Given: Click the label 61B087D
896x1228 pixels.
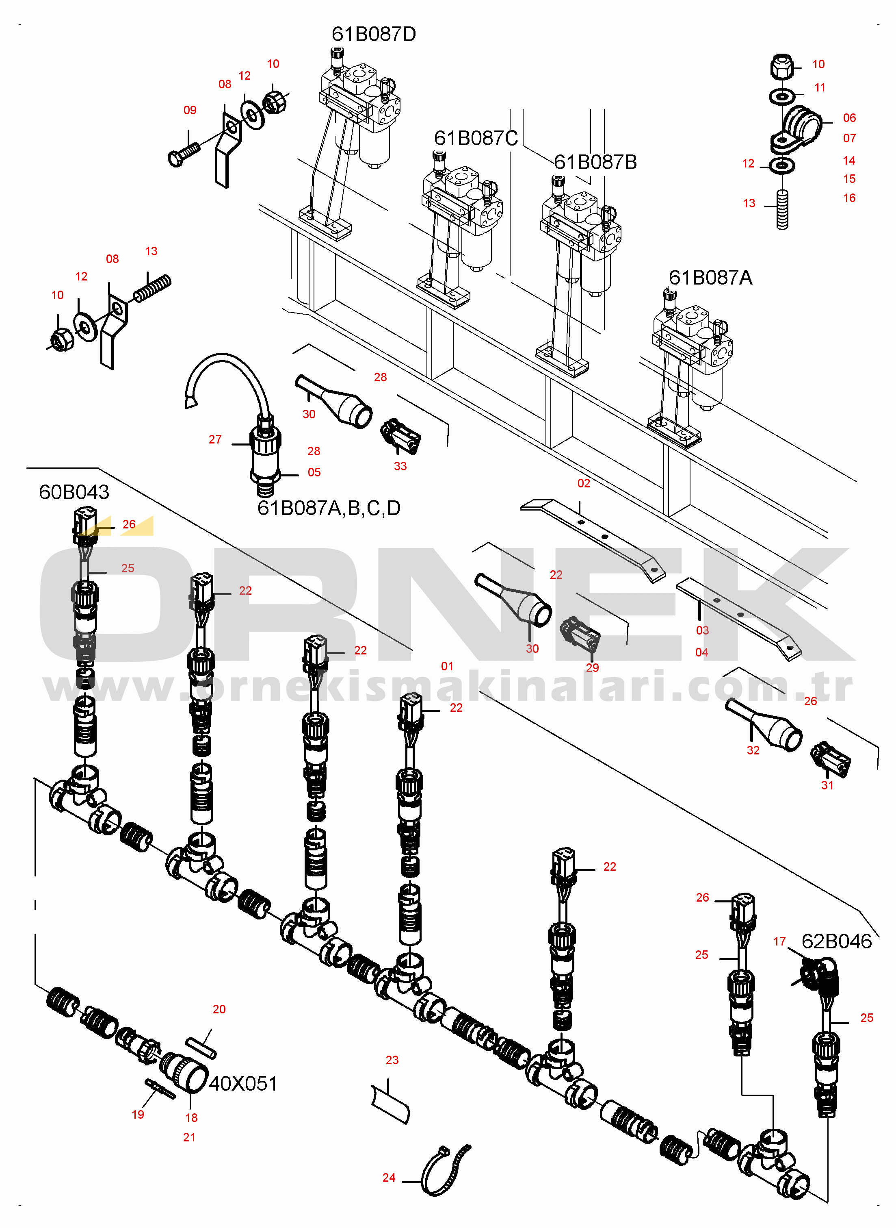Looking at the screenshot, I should pyautogui.click(x=374, y=34).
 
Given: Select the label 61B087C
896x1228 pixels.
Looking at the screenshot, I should pyautogui.click(x=476, y=138).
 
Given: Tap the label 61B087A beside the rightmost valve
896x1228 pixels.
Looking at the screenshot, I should pyautogui.click(x=710, y=278).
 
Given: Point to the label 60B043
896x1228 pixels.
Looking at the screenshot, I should pyautogui.click(x=74, y=492).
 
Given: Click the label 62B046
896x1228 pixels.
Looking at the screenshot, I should pyautogui.click(x=836, y=941).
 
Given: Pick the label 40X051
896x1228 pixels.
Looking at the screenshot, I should pyautogui.click(x=243, y=1084).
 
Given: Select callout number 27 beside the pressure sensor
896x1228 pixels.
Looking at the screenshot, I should pyautogui.click(x=215, y=439).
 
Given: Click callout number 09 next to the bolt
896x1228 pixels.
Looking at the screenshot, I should pyautogui.click(x=190, y=110).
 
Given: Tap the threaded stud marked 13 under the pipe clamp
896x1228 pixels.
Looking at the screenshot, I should pyautogui.click(x=782, y=210).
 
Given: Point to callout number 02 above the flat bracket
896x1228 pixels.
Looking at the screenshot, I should pyautogui.click(x=584, y=483).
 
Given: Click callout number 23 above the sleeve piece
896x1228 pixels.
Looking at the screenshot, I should pyautogui.click(x=392, y=1060).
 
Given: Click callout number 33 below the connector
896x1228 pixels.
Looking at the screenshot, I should pyautogui.click(x=400, y=466).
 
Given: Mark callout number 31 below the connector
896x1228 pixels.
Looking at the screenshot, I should pyautogui.click(x=827, y=785).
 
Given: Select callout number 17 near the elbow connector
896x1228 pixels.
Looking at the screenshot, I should pyautogui.click(x=779, y=941).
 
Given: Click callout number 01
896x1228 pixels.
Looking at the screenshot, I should pyautogui.click(x=447, y=666).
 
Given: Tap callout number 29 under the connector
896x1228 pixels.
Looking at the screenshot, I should pyautogui.click(x=592, y=668).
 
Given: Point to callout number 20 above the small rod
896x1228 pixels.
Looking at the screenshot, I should pyautogui.click(x=219, y=1009).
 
